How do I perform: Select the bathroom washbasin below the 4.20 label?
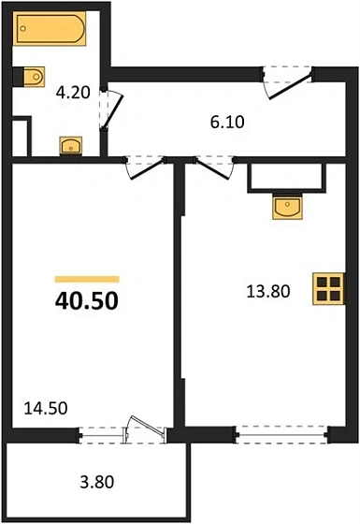point(70,145)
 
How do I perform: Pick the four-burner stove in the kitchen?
point(328,288)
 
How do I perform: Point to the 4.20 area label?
point(74,93)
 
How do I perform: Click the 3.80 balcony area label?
point(95,484)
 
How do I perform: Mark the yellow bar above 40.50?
point(87,279)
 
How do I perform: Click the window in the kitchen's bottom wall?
point(280,431)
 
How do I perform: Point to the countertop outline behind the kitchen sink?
point(285,178)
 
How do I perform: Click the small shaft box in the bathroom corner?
point(22,133)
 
